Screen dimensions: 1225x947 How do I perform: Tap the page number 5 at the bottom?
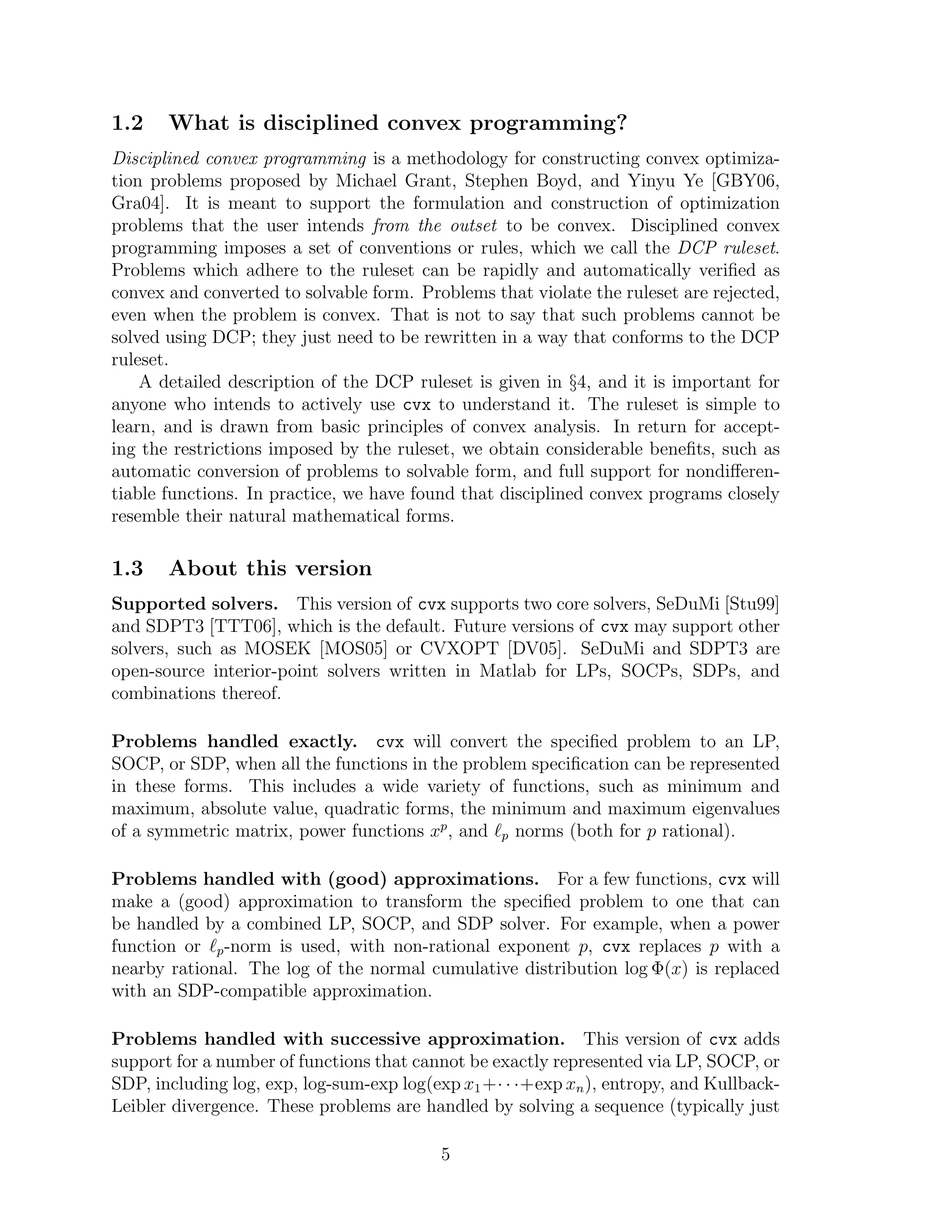point(445,1154)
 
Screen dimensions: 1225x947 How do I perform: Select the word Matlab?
point(507,671)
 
